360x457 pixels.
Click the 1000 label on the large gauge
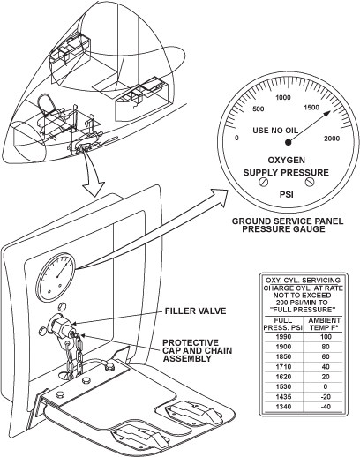tap(283, 97)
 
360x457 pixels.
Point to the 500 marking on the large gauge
tap(259, 109)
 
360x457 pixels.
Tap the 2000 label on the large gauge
tap(332, 139)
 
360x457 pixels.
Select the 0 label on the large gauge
tap(236, 138)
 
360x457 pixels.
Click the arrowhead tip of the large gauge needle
tap(332, 111)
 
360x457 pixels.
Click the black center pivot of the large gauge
tap(289, 142)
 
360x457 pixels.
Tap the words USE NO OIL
tap(275, 131)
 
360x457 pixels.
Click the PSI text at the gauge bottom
tap(286, 194)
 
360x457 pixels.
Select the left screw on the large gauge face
tap(264, 182)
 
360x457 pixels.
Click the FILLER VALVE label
tap(195, 311)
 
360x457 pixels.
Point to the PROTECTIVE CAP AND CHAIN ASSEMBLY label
tap(198, 350)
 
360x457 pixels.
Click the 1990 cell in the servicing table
tap(283, 337)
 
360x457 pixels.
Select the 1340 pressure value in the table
tap(283, 407)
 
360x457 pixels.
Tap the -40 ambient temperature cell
tap(326, 407)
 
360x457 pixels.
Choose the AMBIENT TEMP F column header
tap(325, 324)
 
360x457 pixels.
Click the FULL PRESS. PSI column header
tap(283, 324)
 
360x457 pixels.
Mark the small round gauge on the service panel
tap(56, 277)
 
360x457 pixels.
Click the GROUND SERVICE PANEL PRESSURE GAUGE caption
tap(288, 225)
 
